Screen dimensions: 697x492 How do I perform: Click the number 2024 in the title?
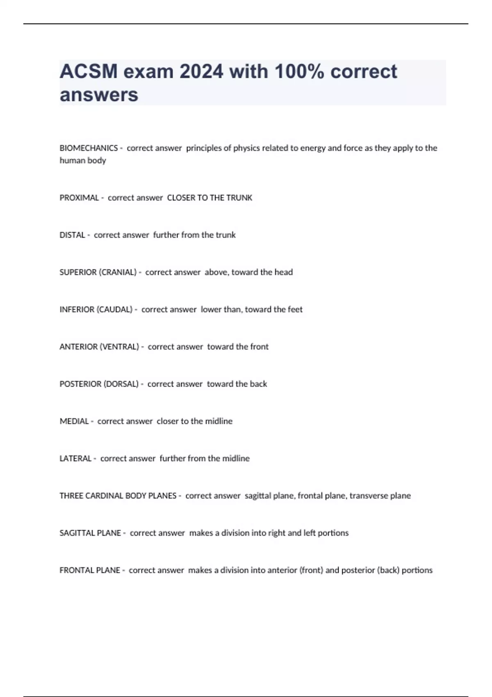point(201,71)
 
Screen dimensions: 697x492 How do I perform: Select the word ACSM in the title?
point(88,71)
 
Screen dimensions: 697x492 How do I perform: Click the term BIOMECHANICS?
point(89,148)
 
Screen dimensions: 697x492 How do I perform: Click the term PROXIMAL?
point(79,198)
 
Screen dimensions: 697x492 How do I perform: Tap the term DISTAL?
point(72,235)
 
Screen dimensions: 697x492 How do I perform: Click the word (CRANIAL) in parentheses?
point(117,272)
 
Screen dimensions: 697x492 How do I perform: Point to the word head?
point(284,272)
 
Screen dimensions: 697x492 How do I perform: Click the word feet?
point(295,310)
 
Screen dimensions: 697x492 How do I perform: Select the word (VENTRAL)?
point(119,347)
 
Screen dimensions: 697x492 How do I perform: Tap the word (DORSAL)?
point(121,384)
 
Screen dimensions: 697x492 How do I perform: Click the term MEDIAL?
point(74,421)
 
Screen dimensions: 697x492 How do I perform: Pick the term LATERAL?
point(75,458)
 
